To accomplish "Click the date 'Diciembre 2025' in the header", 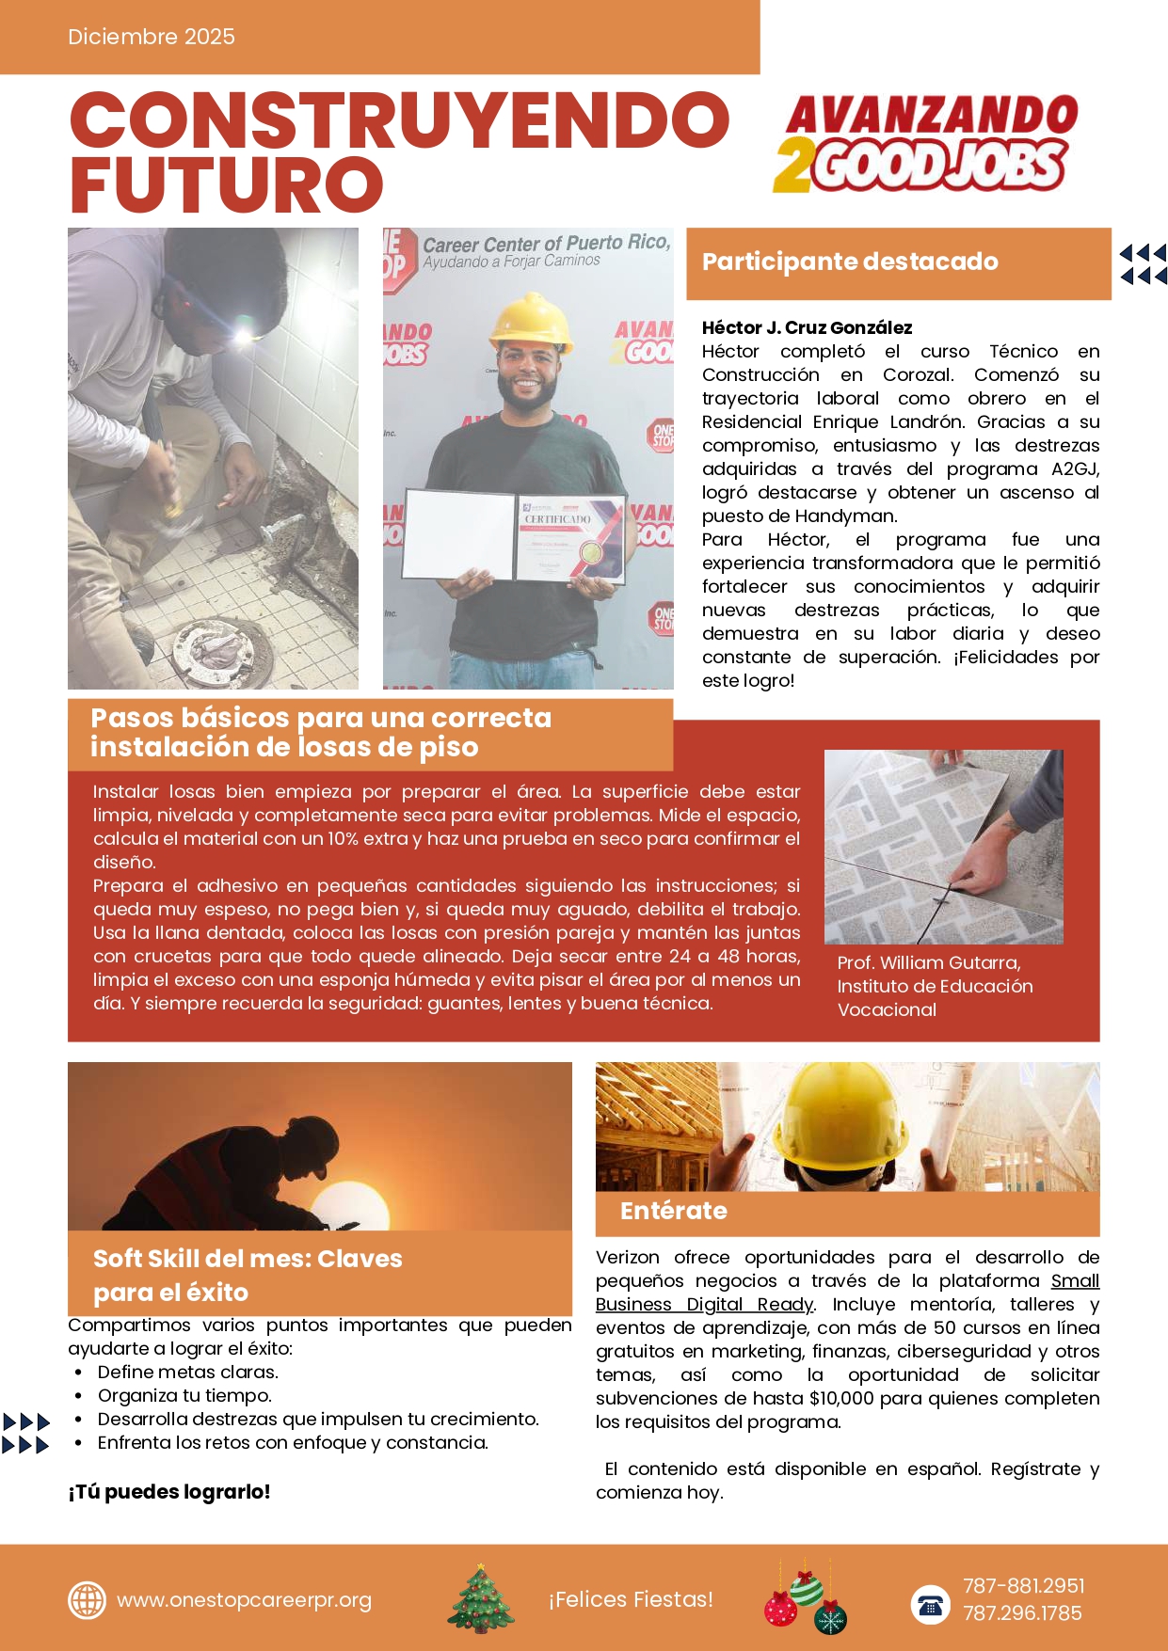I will point(151,37).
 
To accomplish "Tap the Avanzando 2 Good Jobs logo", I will point(925,144).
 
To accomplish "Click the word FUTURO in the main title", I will point(227,185).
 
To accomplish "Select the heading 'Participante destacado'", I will point(850,262).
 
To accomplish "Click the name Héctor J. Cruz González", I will point(807,327).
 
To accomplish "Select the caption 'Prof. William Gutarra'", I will point(928,962).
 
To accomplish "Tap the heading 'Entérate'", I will point(673,1211).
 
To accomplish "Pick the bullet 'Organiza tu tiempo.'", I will point(184,1396).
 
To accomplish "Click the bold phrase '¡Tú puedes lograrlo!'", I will point(169,1492).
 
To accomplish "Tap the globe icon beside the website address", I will point(87,1600).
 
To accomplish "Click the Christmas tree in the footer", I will point(481,1598).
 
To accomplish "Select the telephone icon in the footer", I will point(930,1604).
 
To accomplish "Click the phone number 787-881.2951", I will point(1023,1586).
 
